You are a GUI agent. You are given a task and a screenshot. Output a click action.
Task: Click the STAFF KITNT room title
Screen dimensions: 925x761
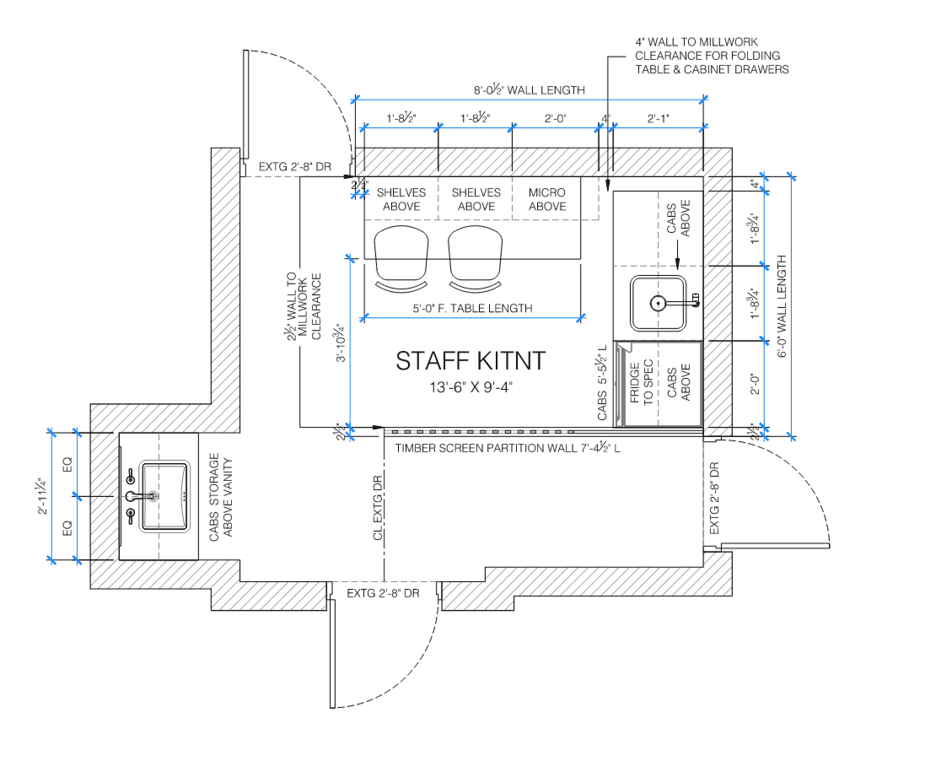tap(471, 361)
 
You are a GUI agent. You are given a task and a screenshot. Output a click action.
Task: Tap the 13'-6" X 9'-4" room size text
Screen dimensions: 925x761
tap(471, 387)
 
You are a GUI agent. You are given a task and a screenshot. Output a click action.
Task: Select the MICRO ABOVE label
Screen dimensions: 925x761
tap(547, 200)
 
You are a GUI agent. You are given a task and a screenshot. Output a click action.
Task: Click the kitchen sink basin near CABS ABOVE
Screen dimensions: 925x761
tap(659, 303)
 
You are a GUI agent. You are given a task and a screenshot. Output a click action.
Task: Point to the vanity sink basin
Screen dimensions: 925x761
tap(164, 497)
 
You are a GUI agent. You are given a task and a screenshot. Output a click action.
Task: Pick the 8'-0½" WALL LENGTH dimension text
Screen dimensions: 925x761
tap(530, 89)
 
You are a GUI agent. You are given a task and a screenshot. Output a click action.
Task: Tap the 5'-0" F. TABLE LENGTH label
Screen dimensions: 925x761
tap(472, 308)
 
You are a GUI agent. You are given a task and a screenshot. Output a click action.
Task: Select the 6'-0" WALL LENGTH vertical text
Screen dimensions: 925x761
tap(782, 306)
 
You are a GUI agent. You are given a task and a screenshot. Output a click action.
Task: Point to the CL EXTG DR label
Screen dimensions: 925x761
tap(378, 507)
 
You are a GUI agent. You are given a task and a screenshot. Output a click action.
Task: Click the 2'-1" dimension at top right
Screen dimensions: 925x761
tap(658, 118)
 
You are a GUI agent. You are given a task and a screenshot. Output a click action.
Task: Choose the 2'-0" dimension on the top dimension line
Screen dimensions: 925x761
tap(555, 118)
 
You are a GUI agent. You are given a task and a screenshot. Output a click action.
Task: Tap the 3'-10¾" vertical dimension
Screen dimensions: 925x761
tap(341, 343)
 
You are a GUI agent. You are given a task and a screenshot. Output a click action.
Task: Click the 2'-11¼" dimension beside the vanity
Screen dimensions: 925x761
tap(42, 496)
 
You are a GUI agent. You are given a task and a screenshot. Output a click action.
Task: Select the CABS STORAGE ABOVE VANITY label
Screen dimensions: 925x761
tap(221, 497)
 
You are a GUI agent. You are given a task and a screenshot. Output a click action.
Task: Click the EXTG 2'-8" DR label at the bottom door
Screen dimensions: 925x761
tap(383, 593)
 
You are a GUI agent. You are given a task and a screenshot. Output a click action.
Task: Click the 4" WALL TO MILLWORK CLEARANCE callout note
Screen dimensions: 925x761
tap(712, 56)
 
